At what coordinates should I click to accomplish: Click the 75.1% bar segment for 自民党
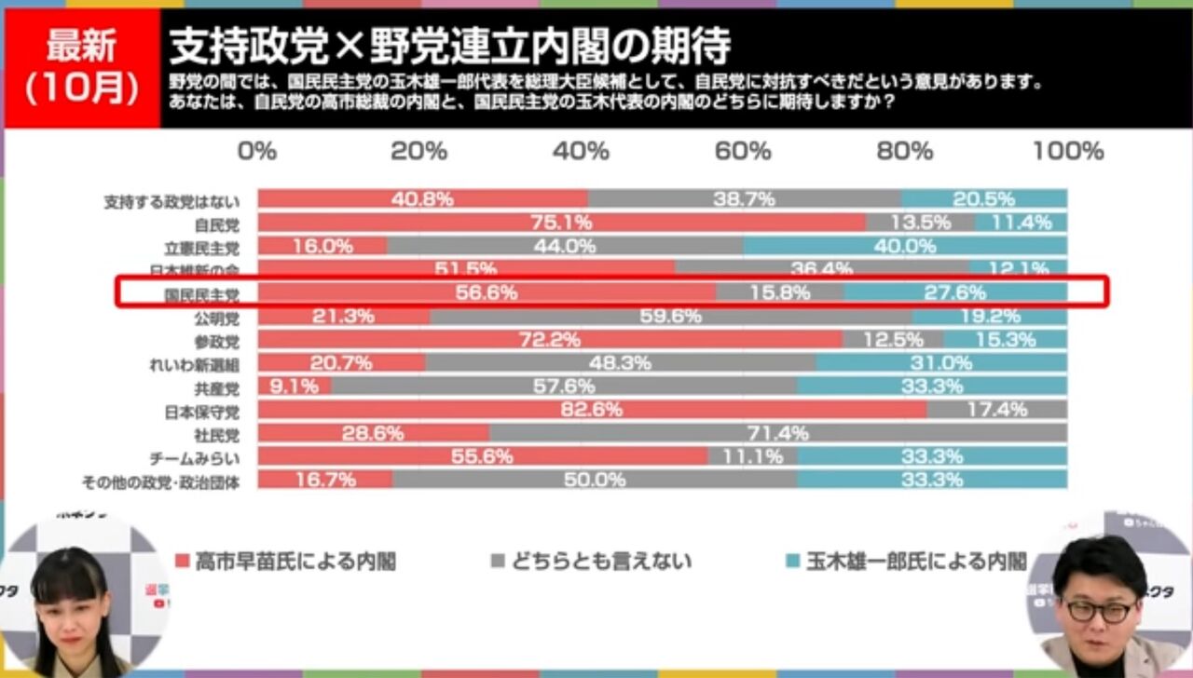[561, 223]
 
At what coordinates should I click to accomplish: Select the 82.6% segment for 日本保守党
[592, 410]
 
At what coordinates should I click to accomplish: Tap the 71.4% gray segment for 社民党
[777, 433]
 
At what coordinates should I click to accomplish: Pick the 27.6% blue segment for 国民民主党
[955, 292]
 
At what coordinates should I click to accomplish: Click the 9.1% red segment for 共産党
[295, 386]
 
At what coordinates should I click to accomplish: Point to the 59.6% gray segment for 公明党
[671, 317]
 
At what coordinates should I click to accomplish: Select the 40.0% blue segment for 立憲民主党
[905, 246]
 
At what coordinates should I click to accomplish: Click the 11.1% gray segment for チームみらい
[752, 456]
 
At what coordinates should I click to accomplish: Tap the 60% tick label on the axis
[745, 151]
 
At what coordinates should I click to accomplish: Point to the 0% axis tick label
[257, 151]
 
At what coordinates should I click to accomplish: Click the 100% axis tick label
[1068, 151]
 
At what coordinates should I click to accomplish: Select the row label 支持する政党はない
[171, 201]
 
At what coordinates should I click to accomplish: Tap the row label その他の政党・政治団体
[160, 481]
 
